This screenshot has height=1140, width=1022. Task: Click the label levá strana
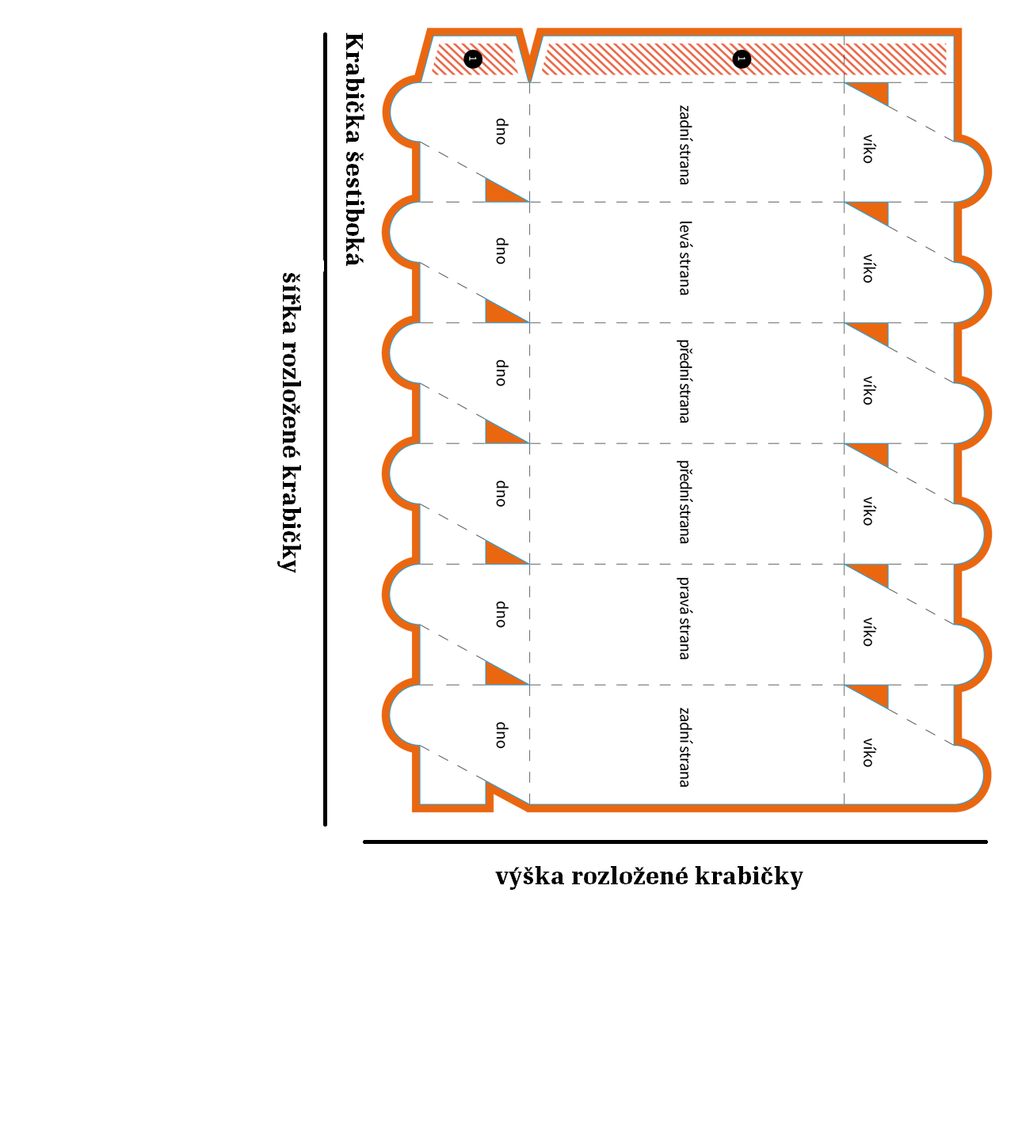pyautogui.click(x=685, y=258)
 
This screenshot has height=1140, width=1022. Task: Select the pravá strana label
pyautogui.click(x=685, y=618)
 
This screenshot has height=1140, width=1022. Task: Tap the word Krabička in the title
pyautogui.click(x=354, y=87)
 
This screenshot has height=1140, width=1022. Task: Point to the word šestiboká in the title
pyautogui.click(x=354, y=207)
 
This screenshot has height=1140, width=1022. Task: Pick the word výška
pyautogui.click(x=530, y=877)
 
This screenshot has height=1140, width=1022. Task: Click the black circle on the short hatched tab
pyautogui.click(x=473, y=59)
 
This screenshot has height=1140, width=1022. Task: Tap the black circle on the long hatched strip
pyautogui.click(x=742, y=59)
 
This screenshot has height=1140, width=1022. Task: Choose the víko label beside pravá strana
pyautogui.click(x=868, y=632)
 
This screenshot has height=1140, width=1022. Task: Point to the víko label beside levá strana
pyautogui.click(x=868, y=268)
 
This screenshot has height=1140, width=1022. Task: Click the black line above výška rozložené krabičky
pyautogui.click(x=675, y=842)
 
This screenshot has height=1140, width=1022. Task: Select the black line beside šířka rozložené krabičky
pyautogui.click(x=325, y=429)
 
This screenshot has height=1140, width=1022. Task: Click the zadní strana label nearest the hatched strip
pyautogui.click(x=685, y=145)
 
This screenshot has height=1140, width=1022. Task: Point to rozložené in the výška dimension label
pyautogui.click(x=630, y=877)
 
